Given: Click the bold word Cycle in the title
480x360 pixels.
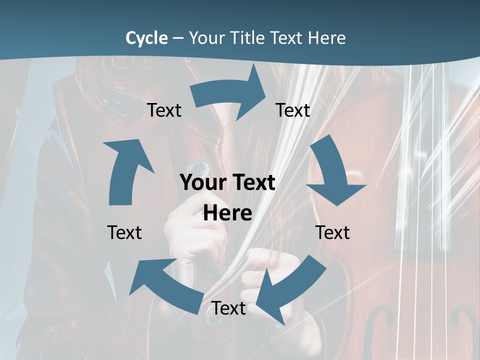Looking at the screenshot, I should (x=146, y=38).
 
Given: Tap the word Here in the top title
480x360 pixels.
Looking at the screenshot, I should (x=328, y=38).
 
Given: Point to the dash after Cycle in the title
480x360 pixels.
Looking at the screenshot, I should (x=178, y=38).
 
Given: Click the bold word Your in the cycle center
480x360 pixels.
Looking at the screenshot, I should (x=201, y=183).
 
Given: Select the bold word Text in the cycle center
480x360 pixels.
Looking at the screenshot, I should (x=252, y=183).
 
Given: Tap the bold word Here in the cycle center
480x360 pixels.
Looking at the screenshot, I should (x=227, y=213).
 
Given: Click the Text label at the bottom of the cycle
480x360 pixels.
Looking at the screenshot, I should (x=228, y=308).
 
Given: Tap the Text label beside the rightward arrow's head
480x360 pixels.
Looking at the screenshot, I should (x=293, y=110).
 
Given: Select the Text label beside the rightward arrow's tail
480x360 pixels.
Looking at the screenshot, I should (x=164, y=110).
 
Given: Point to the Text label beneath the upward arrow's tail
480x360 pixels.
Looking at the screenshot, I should (x=124, y=232).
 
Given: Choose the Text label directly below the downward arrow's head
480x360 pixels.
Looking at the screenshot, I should (x=332, y=232).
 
